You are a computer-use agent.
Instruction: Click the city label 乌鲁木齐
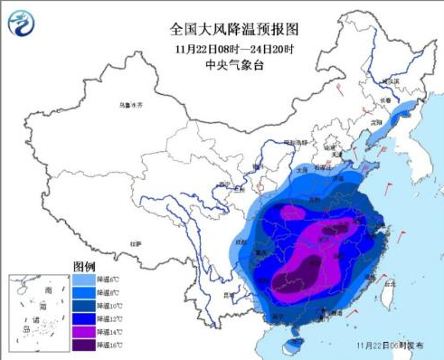(x=132, y=106)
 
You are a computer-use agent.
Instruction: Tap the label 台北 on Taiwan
(x=391, y=283)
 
